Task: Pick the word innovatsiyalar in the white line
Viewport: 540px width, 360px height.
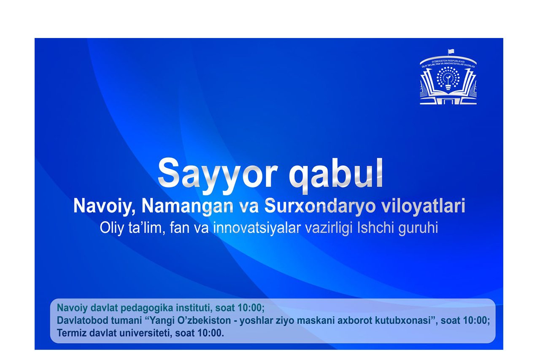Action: (257, 228)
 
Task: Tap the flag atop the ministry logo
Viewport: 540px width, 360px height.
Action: (451, 51)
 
